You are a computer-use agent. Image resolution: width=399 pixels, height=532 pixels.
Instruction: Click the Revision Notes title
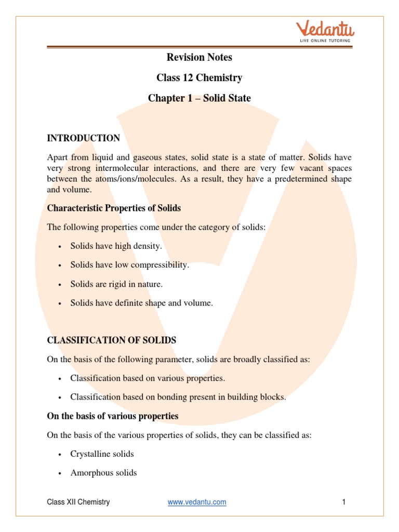tap(199, 57)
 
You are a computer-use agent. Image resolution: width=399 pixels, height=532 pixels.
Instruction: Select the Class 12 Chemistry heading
tap(199, 78)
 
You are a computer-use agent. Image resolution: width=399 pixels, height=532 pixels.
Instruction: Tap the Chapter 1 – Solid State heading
tap(199, 98)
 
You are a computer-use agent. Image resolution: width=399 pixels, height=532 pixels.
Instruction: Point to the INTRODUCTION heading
tap(83, 138)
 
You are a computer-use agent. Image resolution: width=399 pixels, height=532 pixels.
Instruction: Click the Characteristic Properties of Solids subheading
tap(114, 208)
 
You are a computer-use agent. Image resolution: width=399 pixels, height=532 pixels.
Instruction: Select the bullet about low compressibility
tap(130, 265)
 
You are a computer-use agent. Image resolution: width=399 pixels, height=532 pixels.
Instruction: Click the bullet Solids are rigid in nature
tap(116, 284)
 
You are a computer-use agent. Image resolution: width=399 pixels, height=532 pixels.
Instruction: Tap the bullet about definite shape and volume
tap(141, 303)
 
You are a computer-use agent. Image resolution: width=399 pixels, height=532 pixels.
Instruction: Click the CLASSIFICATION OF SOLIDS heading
tap(112, 340)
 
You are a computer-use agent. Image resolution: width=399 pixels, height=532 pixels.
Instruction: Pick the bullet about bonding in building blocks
tap(178, 397)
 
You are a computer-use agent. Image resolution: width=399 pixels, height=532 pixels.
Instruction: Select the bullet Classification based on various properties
tap(148, 378)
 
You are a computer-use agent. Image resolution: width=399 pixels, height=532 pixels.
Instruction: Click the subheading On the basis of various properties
tap(113, 416)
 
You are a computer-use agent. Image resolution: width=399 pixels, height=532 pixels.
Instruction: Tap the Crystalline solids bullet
tap(102, 454)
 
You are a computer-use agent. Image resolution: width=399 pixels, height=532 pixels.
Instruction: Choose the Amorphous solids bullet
tap(103, 473)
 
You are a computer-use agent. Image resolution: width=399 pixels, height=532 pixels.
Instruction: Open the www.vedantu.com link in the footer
tap(197, 502)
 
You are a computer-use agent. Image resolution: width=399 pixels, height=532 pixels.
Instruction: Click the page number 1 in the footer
tap(344, 502)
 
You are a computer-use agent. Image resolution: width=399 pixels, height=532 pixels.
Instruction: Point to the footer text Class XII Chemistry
tap(78, 502)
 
